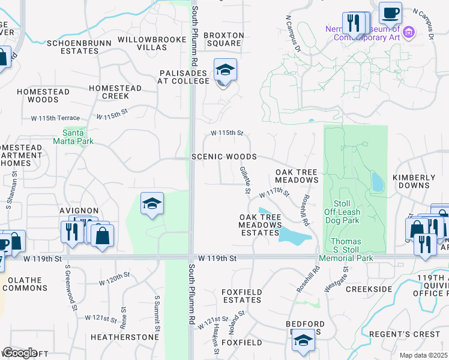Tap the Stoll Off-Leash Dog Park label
(x=342, y=212)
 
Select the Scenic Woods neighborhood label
(x=224, y=157)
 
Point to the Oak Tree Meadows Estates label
(x=261, y=224)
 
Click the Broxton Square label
(x=224, y=40)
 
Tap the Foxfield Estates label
(x=241, y=296)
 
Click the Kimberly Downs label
(x=414, y=182)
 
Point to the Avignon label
(x=79, y=211)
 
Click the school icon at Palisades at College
(x=225, y=71)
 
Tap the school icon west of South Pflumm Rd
(x=152, y=204)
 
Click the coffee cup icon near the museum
(x=390, y=13)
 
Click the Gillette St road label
(x=245, y=180)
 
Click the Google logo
(x=19, y=353)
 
